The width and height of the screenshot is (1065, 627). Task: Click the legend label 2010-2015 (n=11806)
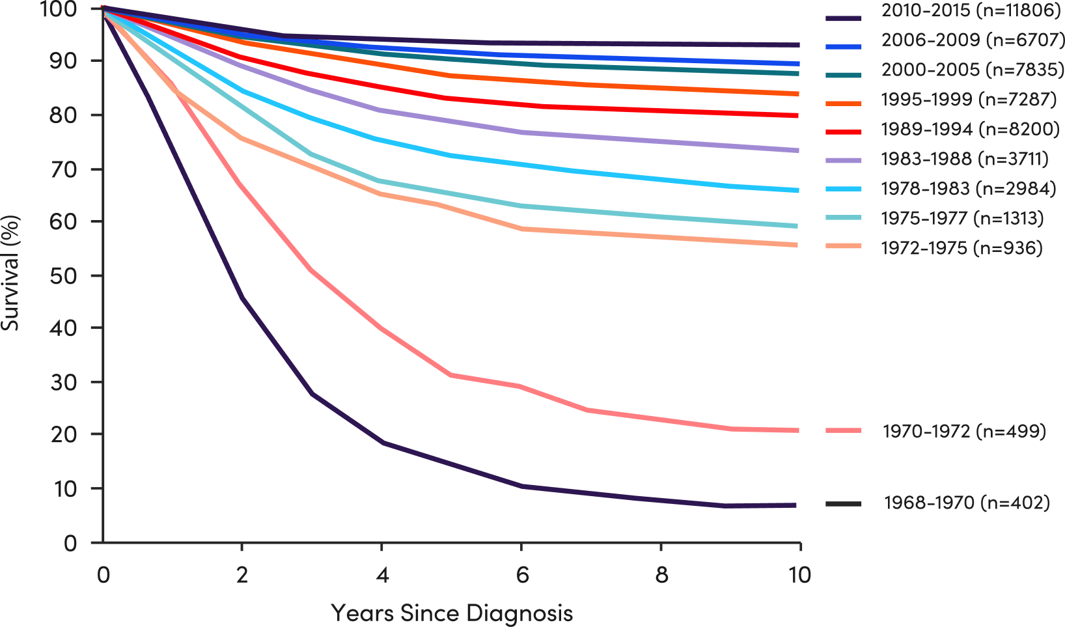tap(971, 10)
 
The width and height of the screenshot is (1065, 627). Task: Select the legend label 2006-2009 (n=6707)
tap(972, 40)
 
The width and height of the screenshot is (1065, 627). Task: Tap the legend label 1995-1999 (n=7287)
tap(969, 100)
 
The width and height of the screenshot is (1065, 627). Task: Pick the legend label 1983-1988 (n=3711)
tap(965, 159)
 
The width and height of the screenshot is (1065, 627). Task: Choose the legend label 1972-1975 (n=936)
tap(961, 247)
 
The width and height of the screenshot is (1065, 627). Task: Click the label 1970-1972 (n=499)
tap(964, 432)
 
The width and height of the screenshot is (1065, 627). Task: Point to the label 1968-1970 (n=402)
tap(967, 503)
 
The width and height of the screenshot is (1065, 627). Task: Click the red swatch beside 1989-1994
tap(844, 132)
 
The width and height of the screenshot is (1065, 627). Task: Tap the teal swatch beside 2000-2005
tap(844, 75)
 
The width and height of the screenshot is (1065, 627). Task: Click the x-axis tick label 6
tap(522, 576)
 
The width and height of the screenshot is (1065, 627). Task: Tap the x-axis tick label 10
tap(799, 576)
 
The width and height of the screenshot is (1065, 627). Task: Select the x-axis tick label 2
tap(242, 576)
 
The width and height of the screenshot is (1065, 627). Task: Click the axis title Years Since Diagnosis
tap(452, 613)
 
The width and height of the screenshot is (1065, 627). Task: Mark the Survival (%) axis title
tap(10, 273)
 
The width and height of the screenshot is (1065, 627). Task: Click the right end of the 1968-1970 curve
tap(795, 505)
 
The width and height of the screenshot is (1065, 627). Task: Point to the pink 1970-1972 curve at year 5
tap(452, 375)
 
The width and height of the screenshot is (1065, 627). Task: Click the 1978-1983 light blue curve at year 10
tap(798, 191)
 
